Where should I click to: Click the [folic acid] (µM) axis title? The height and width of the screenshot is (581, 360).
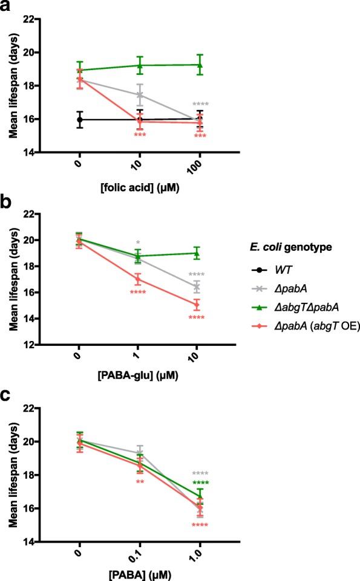[139, 188]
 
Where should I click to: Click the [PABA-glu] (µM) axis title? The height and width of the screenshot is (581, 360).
[139, 380]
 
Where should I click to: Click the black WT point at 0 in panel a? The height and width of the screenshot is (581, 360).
[80, 120]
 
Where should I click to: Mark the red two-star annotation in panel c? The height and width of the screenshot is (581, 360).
[140, 482]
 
